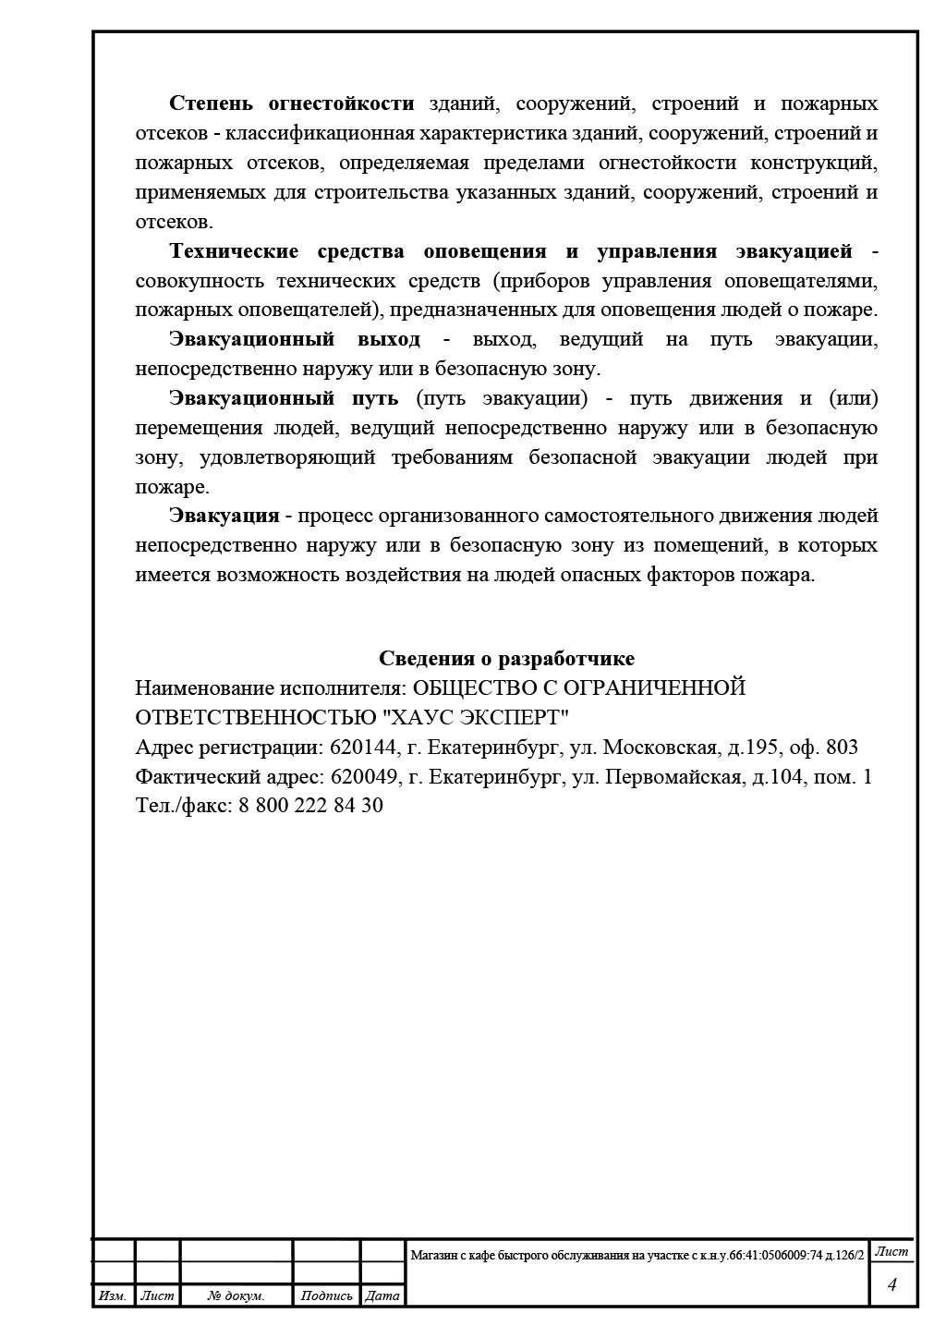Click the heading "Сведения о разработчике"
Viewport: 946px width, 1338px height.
[506, 659]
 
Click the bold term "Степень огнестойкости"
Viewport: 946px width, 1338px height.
[292, 103]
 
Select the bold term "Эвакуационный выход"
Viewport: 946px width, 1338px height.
[295, 339]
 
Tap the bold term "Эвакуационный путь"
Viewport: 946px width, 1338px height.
[284, 398]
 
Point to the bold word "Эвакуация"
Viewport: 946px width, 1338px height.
[224, 516]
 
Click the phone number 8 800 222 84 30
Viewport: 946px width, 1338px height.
[310, 806]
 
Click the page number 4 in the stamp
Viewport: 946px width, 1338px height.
[891, 1285]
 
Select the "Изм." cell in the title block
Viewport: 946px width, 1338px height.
[113, 1296]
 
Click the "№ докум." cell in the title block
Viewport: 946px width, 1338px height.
[236, 1296]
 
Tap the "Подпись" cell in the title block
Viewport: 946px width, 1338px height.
[326, 1296]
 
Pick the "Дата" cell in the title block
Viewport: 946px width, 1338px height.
[382, 1296]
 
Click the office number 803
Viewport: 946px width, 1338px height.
[842, 748]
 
